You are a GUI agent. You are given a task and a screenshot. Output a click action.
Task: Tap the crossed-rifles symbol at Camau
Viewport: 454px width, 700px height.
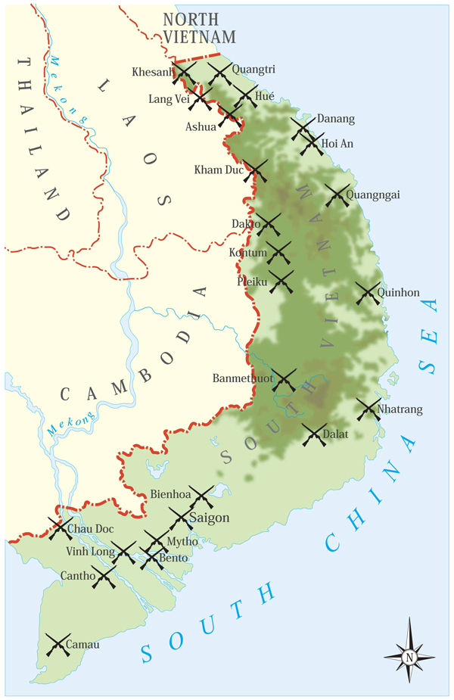(x=58, y=645)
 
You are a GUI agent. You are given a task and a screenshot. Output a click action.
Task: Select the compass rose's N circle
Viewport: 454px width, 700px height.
(x=409, y=657)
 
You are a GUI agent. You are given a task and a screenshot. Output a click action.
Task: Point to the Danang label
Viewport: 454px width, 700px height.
(x=335, y=119)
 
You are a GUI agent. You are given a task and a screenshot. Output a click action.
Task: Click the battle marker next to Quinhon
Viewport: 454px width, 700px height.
(x=368, y=293)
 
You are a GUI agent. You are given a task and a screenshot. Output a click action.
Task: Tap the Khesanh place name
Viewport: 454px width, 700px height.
(x=152, y=72)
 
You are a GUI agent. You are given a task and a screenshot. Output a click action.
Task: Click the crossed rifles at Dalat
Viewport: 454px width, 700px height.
(x=314, y=434)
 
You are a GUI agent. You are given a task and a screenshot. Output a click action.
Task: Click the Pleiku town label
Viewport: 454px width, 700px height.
(x=252, y=282)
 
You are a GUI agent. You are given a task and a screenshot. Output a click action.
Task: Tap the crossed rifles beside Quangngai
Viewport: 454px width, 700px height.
(x=337, y=195)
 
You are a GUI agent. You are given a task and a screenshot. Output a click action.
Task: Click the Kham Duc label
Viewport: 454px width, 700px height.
(x=219, y=170)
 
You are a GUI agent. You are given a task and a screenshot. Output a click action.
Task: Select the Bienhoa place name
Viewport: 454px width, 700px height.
(x=170, y=495)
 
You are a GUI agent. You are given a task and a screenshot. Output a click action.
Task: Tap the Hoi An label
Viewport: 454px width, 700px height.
(x=337, y=143)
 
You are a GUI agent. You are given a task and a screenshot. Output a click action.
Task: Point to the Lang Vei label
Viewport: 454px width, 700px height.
(x=169, y=99)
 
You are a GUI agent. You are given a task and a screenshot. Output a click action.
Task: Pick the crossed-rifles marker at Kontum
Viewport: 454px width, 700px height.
(x=278, y=253)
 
